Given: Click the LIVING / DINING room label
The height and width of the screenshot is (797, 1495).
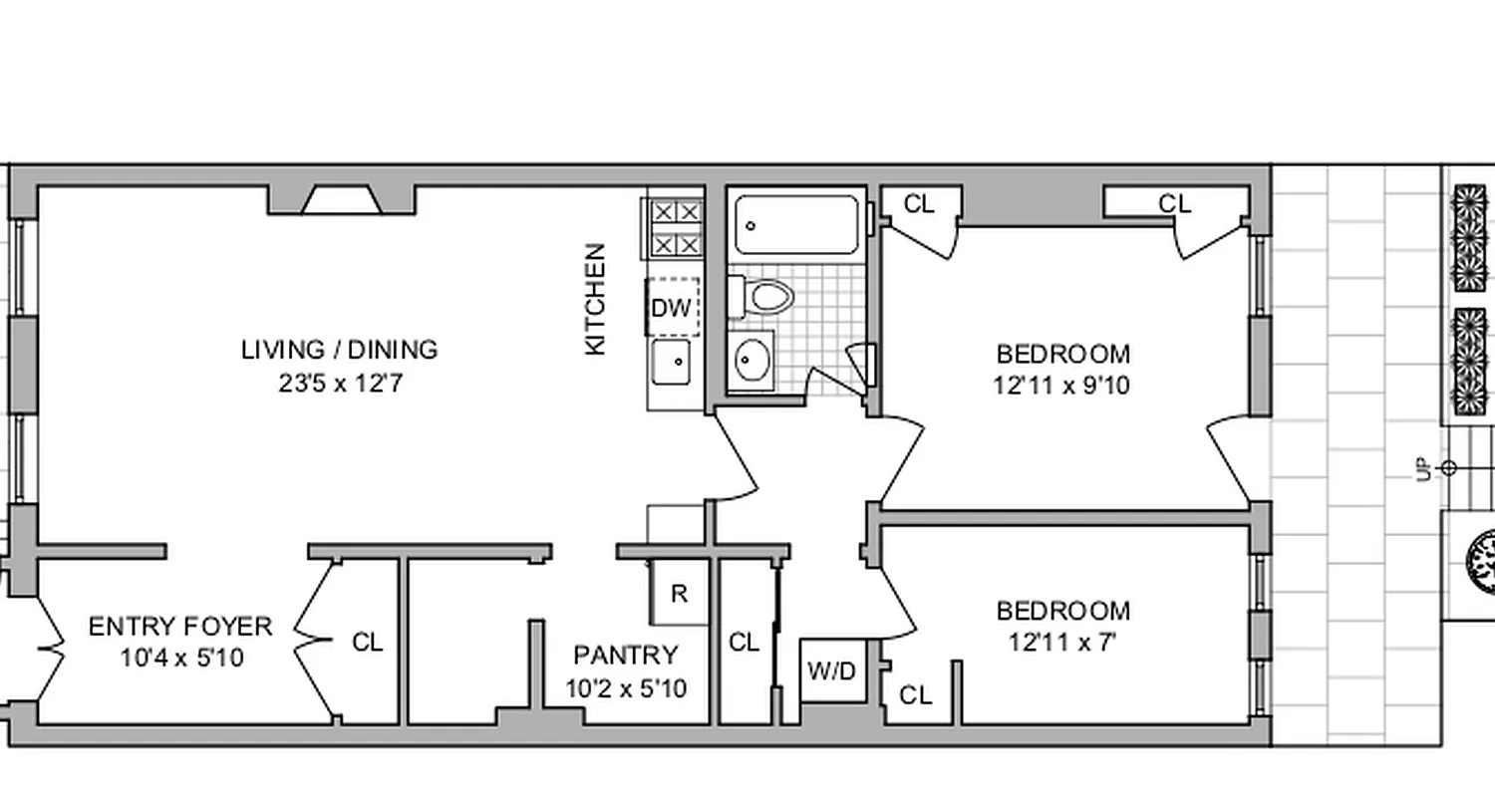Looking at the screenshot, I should pos(339,350).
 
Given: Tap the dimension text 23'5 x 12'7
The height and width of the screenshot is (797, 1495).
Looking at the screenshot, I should pos(339,384).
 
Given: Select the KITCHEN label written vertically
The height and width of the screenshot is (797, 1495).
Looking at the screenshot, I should pos(595,299).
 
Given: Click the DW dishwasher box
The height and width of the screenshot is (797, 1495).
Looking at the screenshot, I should pos(672,308).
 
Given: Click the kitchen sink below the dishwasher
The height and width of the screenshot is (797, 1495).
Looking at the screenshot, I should pos(672,362).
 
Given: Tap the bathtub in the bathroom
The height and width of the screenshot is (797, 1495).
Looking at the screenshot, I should pos(796,225).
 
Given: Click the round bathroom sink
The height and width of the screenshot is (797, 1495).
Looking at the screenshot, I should pos(751,360).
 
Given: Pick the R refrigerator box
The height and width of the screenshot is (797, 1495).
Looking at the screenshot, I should pos(679,595).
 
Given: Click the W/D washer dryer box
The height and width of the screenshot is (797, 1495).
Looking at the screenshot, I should pos(832,671).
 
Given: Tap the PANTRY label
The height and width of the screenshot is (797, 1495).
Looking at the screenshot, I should pos(625,655).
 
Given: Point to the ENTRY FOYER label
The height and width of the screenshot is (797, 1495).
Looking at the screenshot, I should pos(180,627).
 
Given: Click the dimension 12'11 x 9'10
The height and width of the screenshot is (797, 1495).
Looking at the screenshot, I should pos(1062,386).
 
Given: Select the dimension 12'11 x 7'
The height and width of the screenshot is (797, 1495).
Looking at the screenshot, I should pos(1062,643).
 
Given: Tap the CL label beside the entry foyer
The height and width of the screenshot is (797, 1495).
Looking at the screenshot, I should pos(367,643).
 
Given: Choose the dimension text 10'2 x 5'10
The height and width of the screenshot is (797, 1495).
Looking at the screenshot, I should pos(626,688).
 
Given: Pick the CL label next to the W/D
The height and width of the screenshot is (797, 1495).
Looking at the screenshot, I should pos(744,643).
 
